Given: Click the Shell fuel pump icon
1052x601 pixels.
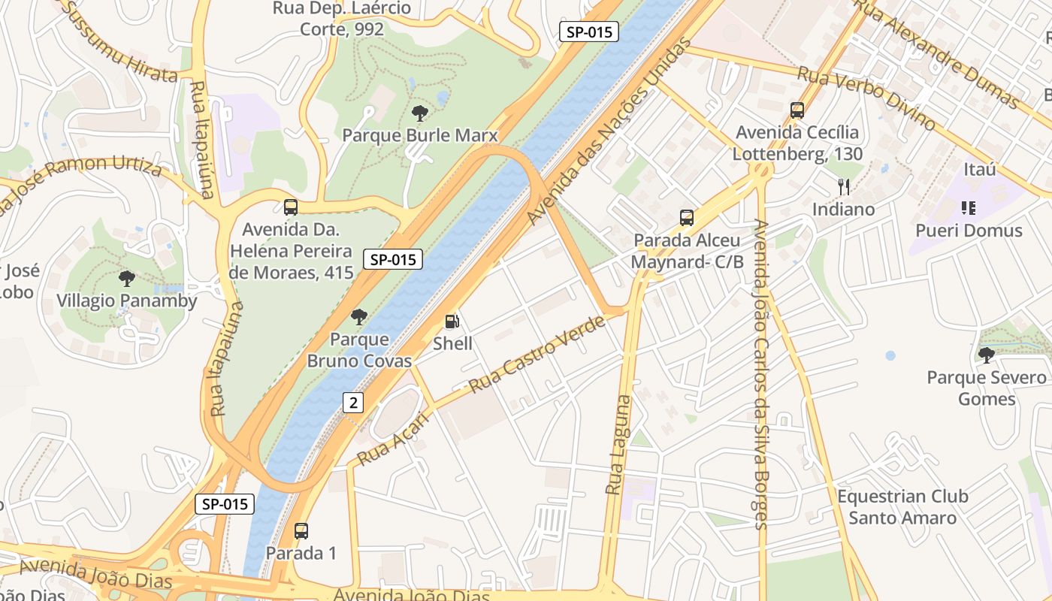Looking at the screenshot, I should (x=452, y=322).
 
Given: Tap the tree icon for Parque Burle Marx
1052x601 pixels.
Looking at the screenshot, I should (x=420, y=113).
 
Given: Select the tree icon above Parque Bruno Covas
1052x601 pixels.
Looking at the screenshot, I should (x=359, y=317).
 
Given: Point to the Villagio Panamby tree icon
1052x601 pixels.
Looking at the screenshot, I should (x=127, y=279).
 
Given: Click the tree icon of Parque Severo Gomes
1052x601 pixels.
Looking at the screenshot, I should (x=986, y=355).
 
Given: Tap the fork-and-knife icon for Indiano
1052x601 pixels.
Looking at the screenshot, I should (x=844, y=187).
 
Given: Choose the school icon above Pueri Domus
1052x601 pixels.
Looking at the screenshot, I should (x=969, y=208).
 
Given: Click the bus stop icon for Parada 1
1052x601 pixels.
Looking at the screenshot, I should (x=301, y=531).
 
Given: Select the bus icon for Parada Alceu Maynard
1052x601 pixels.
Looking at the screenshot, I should (x=686, y=218).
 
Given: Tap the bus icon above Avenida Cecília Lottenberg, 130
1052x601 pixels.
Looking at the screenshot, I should (x=797, y=110).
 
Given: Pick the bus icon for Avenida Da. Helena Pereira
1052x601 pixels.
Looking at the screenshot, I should (x=291, y=207).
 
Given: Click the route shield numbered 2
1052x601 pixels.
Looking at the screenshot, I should (x=353, y=403).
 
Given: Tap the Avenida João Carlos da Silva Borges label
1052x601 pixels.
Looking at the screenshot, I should (x=760, y=374).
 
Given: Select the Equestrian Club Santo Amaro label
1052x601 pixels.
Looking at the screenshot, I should (x=902, y=507).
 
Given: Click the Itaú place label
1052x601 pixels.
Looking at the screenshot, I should (x=979, y=169).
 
